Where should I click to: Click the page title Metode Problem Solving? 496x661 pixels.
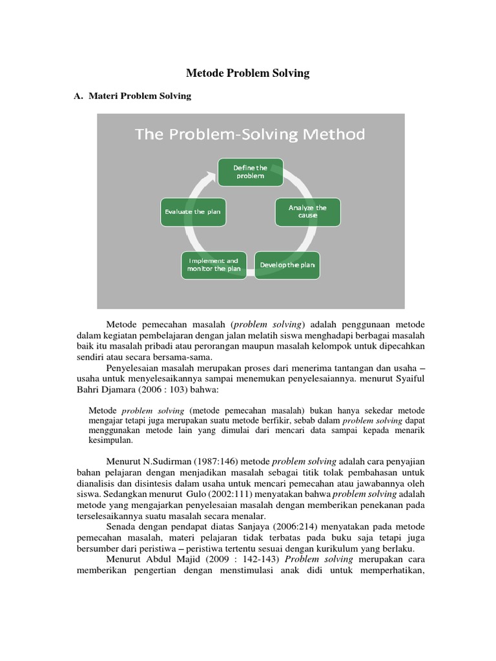coord(248,73)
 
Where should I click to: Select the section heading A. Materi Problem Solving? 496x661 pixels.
coord(133,96)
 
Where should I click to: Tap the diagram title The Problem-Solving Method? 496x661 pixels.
coord(250,134)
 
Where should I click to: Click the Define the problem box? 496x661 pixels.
coord(250,172)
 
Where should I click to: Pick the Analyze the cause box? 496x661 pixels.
coord(307,212)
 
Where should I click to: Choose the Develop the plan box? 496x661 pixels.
coord(287,265)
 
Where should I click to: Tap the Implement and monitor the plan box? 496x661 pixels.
coord(214,265)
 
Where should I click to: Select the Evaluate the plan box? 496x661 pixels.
coord(192,212)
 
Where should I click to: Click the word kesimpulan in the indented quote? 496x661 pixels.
coord(110,440)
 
